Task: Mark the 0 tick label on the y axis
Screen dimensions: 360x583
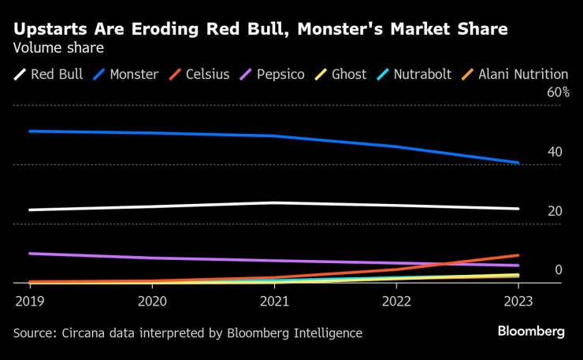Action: pyautogui.click(x=558, y=270)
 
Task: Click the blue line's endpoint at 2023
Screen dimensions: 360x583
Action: pyautogui.click(x=518, y=163)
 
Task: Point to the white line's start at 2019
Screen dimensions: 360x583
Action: pyautogui.click(x=30, y=210)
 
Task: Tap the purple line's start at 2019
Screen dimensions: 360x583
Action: pyautogui.click(x=30, y=254)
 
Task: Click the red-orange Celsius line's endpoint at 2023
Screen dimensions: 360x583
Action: pyautogui.click(x=518, y=255)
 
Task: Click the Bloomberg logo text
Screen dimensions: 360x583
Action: pyautogui.click(x=531, y=332)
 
